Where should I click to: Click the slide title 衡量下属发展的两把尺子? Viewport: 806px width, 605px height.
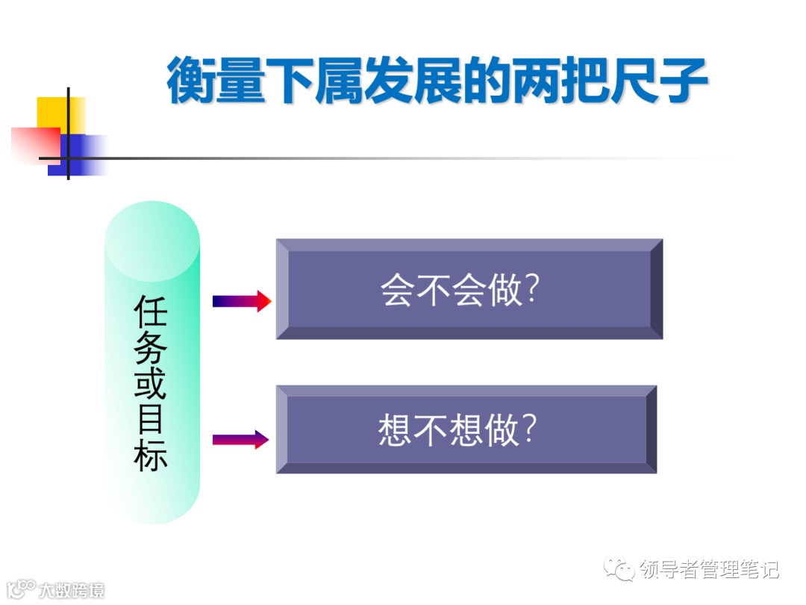tap(437, 80)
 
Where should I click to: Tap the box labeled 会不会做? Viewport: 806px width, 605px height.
tap(469, 289)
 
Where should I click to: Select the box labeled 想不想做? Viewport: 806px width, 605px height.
tap(466, 429)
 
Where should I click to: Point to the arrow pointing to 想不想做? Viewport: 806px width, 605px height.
tap(240, 439)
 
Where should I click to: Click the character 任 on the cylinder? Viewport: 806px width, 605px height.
tap(151, 311)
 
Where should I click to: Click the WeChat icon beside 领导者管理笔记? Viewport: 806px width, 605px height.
tap(619, 570)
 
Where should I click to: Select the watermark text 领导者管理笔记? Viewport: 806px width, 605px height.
tap(709, 571)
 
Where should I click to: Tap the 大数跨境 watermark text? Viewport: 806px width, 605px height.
tap(72, 590)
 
